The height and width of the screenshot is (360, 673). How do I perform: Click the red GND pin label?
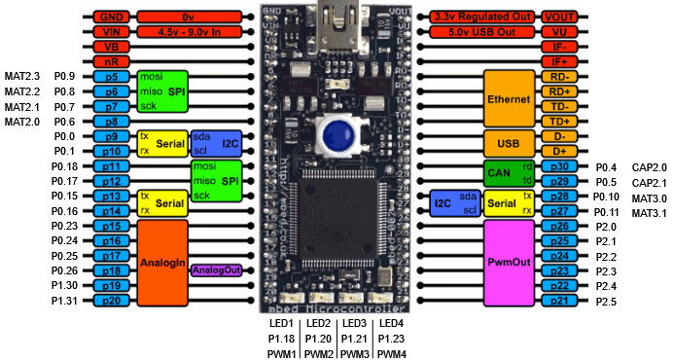[x=111, y=17]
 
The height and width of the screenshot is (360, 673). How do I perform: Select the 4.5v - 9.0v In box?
[x=191, y=31]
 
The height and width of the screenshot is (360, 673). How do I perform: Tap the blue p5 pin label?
[x=111, y=76]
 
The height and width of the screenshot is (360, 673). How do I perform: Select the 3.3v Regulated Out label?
[x=482, y=17]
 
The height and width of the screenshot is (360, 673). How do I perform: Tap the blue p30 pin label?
[x=559, y=167]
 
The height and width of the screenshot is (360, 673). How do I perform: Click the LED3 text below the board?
[x=354, y=322]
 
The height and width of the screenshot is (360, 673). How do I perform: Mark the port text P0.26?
[x=65, y=270]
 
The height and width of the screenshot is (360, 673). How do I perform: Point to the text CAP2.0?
[x=649, y=167]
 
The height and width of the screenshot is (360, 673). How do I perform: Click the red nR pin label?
[x=111, y=61]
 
